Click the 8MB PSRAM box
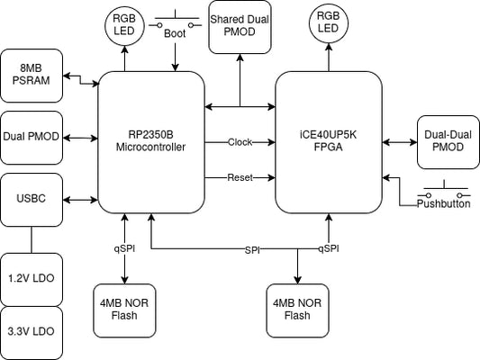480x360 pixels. tap(32, 76)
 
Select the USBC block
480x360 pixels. tap(32, 200)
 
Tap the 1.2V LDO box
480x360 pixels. tap(32, 280)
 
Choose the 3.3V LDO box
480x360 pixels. tap(32, 333)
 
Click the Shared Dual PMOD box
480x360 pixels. tap(240, 27)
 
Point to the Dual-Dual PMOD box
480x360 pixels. tap(448, 142)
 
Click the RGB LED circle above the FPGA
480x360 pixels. tap(329, 23)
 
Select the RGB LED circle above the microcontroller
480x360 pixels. tap(124, 26)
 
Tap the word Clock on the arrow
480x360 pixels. tap(240, 142)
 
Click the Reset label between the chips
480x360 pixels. tap(240, 177)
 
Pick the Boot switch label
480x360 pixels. tap(175, 33)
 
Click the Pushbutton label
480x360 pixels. tap(444, 203)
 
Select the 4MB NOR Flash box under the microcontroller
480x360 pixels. tap(124, 310)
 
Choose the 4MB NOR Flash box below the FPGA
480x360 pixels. tap(297, 310)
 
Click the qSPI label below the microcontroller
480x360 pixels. tap(124, 248)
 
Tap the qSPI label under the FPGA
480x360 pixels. tap(329, 248)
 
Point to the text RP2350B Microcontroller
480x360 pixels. tap(150, 141)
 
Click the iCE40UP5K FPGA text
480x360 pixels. tap(328, 141)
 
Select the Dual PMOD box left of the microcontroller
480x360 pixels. tap(32, 138)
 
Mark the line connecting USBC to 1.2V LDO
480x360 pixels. tap(32, 240)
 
